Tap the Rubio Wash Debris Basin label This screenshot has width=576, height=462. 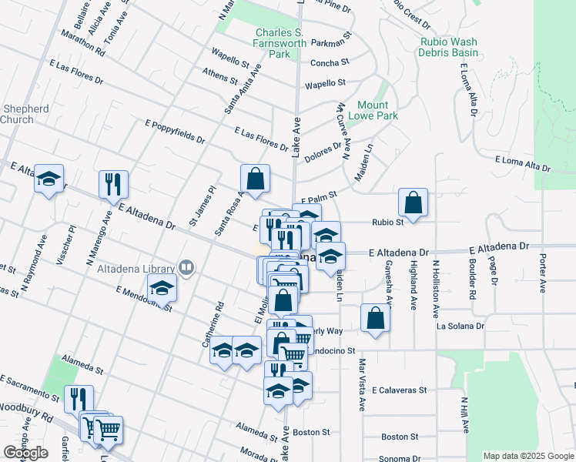(x=448, y=48)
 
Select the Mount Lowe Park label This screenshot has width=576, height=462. (x=377, y=110)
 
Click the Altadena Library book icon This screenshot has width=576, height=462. (x=186, y=268)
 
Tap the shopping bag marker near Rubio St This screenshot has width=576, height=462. (x=414, y=203)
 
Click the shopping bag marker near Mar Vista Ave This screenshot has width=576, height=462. (x=375, y=318)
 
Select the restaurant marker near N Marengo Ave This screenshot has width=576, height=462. (x=113, y=184)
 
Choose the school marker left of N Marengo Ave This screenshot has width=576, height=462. (x=49, y=179)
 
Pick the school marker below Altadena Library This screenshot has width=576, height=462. (x=162, y=290)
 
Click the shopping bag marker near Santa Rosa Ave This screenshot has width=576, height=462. (x=255, y=179)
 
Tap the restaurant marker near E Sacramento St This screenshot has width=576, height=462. (x=79, y=399)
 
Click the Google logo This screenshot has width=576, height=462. (x=25, y=453)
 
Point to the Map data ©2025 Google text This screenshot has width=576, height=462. (x=528, y=456)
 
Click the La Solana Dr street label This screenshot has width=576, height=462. (x=460, y=326)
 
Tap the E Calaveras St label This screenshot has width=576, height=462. (x=398, y=390)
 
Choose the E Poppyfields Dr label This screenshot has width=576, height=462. (x=175, y=132)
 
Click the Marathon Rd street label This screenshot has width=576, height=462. (x=79, y=45)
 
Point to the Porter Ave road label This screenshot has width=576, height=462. (x=543, y=274)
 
